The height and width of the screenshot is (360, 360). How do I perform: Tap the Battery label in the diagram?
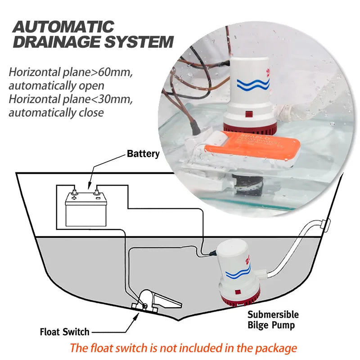tap(143, 154)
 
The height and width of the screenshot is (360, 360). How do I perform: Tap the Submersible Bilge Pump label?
tap(273, 319)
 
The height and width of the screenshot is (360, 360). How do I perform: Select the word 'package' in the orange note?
tap(275, 348)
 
